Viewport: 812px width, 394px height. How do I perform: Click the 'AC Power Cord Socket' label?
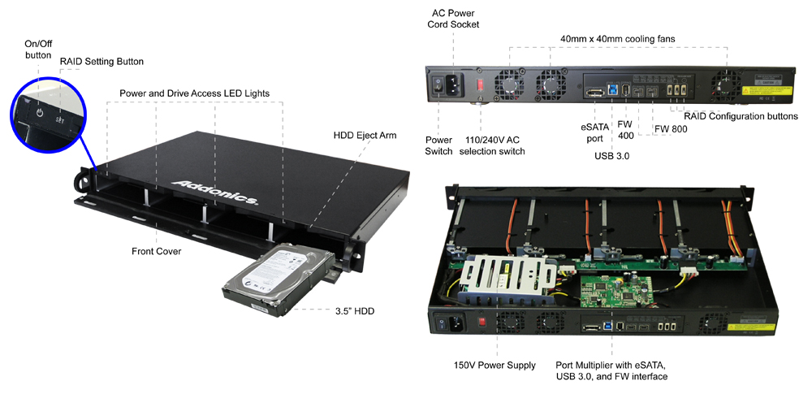[x=453, y=18]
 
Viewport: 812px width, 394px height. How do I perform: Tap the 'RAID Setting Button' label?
[x=102, y=62]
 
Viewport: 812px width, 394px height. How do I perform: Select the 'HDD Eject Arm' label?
[x=365, y=135]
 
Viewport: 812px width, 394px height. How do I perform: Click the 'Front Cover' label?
[x=156, y=252]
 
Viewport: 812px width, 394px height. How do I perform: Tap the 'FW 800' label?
[x=670, y=128]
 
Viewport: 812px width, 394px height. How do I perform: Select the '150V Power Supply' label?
[x=495, y=366]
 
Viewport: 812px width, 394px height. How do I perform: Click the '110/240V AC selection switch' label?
[x=499, y=145]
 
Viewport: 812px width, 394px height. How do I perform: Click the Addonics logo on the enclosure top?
[x=215, y=188]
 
